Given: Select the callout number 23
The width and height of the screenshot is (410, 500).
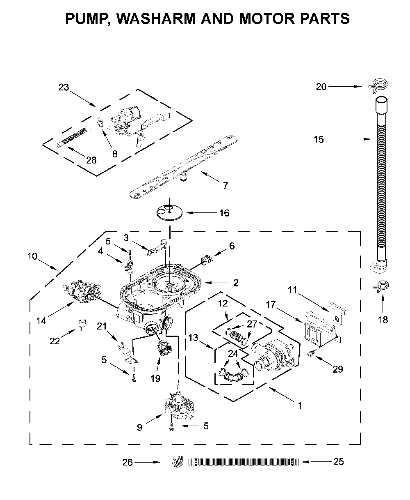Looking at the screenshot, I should click(x=64, y=87).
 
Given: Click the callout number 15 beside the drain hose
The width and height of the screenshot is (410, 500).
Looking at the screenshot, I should click(x=319, y=139).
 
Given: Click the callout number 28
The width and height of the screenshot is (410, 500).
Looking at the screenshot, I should click(x=91, y=160).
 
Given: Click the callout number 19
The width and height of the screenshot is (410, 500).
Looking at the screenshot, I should click(x=155, y=378).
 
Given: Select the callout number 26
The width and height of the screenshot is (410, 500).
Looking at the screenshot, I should click(x=128, y=463).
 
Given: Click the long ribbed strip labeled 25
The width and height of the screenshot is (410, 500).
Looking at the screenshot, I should click(x=244, y=462).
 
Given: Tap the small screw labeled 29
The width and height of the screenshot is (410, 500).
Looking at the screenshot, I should click(x=311, y=353).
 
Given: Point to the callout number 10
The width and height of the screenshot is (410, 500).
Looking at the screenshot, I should click(x=32, y=257).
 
